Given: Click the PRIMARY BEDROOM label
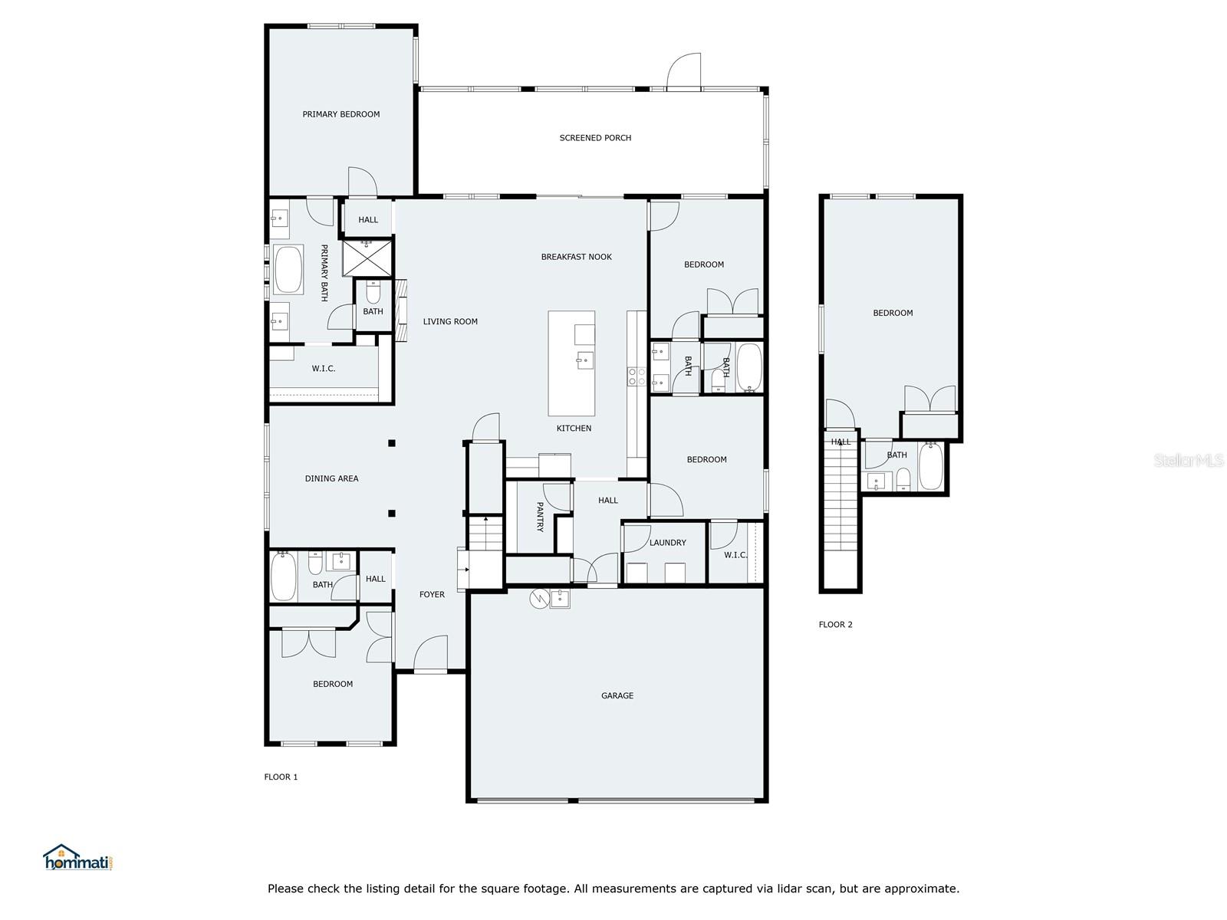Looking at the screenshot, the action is click(341, 114).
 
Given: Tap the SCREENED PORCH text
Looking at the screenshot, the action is click(595, 138).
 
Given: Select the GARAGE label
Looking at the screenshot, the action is click(617, 695).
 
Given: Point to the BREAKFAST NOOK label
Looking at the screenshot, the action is click(577, 257).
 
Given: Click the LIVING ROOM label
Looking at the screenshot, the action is click(450, 322).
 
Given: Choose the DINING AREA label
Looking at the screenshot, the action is click(331, 478).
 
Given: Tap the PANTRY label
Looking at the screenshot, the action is click(540, 517).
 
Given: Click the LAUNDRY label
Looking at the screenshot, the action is click(667, 543).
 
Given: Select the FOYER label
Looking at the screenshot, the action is click(432, 595).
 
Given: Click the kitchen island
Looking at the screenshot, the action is click(571, 363).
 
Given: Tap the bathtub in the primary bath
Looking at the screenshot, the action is click(288, 269).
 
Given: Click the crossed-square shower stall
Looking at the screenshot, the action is click(367, 258).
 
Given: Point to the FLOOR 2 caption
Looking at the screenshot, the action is click(835, 625).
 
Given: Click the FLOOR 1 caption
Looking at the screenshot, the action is click(281, 777).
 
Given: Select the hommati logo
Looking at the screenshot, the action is click(77, 857).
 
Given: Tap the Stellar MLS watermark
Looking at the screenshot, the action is click(1189, 460).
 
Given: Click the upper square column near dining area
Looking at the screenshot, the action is click(392, 444).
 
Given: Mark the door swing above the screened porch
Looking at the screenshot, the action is click(683, 71).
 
